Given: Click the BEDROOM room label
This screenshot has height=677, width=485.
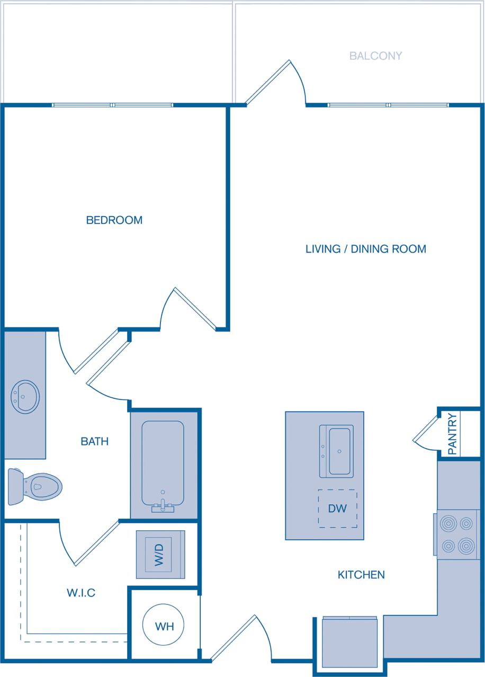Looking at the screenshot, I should (114, 220).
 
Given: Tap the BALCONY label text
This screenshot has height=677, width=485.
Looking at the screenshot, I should (375, 56).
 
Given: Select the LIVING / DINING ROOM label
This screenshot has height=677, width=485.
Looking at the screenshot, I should (365, 249).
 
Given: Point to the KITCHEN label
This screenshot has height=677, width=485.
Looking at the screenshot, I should (361, 574).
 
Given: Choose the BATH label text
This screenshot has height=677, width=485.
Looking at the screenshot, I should (95, 441).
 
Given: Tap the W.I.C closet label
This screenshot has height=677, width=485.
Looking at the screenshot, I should (81, 593).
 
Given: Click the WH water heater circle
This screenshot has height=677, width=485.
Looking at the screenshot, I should (164, 626).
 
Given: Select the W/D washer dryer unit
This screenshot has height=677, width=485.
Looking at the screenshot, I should (160, 554).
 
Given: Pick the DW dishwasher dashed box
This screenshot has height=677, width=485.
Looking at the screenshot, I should (337, 509).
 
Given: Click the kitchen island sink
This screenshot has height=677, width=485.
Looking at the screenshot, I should (337, 451).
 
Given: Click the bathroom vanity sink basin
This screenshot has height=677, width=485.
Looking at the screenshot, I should (25, 396).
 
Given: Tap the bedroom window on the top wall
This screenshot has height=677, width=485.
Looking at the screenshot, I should (113, 105).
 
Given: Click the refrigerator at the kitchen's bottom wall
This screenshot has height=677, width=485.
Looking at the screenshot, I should (349, 641).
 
